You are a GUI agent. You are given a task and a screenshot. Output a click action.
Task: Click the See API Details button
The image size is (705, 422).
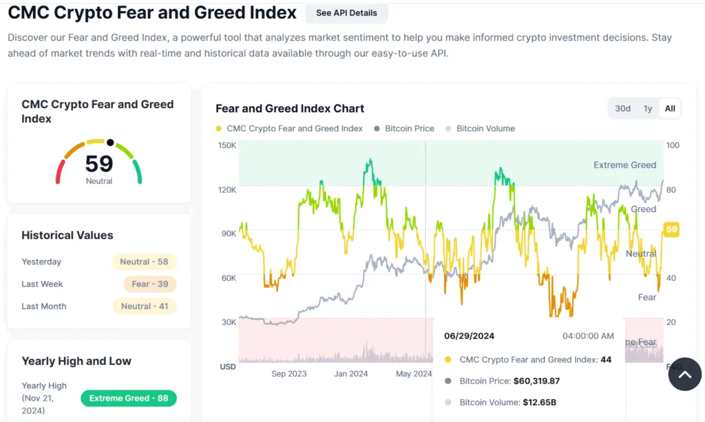click(x=346, y=13)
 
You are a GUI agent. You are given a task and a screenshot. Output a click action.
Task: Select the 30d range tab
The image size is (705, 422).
click(x=622, y=108)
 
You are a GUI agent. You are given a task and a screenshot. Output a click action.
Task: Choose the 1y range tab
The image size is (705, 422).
click(x=647, y=108)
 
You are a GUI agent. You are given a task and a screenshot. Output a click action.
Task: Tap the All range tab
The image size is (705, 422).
click(x=670, y=108)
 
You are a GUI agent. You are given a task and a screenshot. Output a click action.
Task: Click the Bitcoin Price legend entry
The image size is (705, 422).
click(x=409, y=129)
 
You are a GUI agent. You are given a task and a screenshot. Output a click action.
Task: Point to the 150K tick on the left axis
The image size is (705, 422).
click(x=227, y=146)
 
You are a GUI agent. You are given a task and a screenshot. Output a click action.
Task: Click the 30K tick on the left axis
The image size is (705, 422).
click(x=228, y=322)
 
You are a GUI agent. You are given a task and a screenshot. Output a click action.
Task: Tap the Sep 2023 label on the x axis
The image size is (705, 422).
click(x=289, y=374)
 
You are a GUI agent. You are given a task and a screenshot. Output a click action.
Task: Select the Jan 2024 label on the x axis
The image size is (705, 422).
click(x=351, y=374)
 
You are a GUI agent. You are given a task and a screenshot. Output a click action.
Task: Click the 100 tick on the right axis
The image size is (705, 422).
click(x=673, y=146)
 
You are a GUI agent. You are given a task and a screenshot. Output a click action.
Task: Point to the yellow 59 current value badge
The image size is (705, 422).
click(x=671, y=230)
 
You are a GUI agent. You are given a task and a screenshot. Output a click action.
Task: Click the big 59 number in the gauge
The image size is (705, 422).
click(x=99, y=163)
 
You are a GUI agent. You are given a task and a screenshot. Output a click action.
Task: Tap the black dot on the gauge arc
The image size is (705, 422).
click(x=110, y=143)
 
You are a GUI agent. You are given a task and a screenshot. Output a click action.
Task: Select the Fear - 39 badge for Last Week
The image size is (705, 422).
click(x=150, y=284)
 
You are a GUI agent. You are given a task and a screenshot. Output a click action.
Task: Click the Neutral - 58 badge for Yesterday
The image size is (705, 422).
click(x=144, y=262)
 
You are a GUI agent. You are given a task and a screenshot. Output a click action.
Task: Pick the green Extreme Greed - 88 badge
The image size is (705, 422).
click(x=128, y=398)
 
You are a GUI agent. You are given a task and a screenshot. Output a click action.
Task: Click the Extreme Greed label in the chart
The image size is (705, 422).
click(x=624, y=165)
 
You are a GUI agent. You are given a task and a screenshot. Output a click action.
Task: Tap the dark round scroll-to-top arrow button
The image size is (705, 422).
click(x=684, y=374)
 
